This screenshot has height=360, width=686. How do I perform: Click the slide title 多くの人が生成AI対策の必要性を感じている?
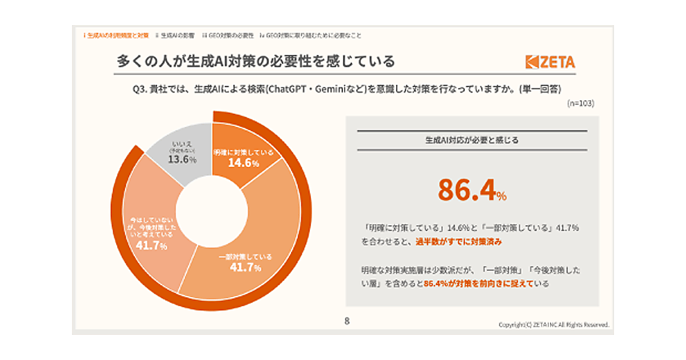[x=256, y=61]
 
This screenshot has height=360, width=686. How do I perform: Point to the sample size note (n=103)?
[x=581, y=103]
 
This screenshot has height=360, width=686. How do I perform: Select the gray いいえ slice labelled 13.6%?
[x=182, y=155]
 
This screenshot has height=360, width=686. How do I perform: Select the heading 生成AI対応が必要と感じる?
[x=472, y=140]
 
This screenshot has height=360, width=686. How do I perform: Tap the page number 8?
[x=346, y=321]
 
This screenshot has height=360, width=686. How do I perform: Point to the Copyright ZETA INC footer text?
[x=553, y=325]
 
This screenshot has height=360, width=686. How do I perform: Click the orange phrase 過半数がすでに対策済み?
[x=456, y=242]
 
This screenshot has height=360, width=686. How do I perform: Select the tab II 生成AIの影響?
[x=175, y=35]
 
